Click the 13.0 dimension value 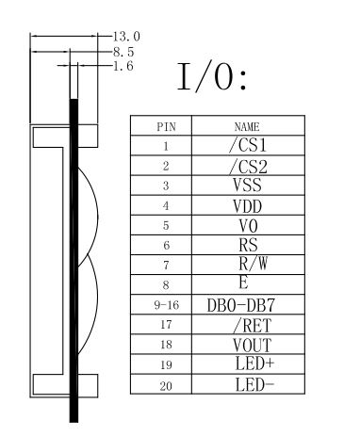tap(126, 37)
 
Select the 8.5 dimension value tap(123, 52)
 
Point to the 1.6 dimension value tap(123, 66)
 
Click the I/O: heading tap(212, 77)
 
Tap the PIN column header tap(166, 127)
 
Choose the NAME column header tap(247, 127)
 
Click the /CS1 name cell tap(248, 145)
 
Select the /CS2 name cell tap(248, 167)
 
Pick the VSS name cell tap(247, 185)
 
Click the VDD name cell tap(248, 206)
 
